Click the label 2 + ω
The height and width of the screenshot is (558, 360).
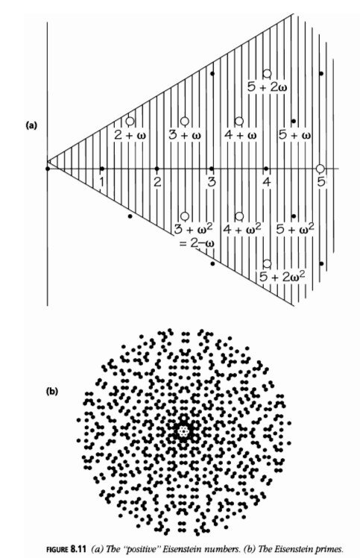(130, 135)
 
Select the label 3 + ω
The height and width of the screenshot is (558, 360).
(185, 135)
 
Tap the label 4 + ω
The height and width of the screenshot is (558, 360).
(241, 135)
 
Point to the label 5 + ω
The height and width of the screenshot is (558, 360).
(295, 135)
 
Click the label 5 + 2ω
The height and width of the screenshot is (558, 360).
(268, 87)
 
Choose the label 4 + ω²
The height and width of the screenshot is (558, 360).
(242, 228)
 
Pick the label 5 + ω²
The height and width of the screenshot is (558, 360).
(295, 228)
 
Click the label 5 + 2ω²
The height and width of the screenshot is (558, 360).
(282, 276)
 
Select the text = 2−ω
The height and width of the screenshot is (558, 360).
(195, 244)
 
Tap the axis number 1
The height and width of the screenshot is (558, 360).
(101, 182)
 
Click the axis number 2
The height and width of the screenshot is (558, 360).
(157, 182)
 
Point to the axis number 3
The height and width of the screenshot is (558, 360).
(212, 182)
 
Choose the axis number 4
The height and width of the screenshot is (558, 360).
(266, 182)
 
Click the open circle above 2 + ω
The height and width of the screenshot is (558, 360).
(130, 122)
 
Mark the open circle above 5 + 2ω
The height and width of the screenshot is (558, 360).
(268, 73)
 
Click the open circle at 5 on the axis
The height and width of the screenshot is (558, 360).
(320, 169)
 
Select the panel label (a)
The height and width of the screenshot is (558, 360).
(31, 125)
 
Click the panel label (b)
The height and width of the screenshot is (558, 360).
(52, 392)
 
